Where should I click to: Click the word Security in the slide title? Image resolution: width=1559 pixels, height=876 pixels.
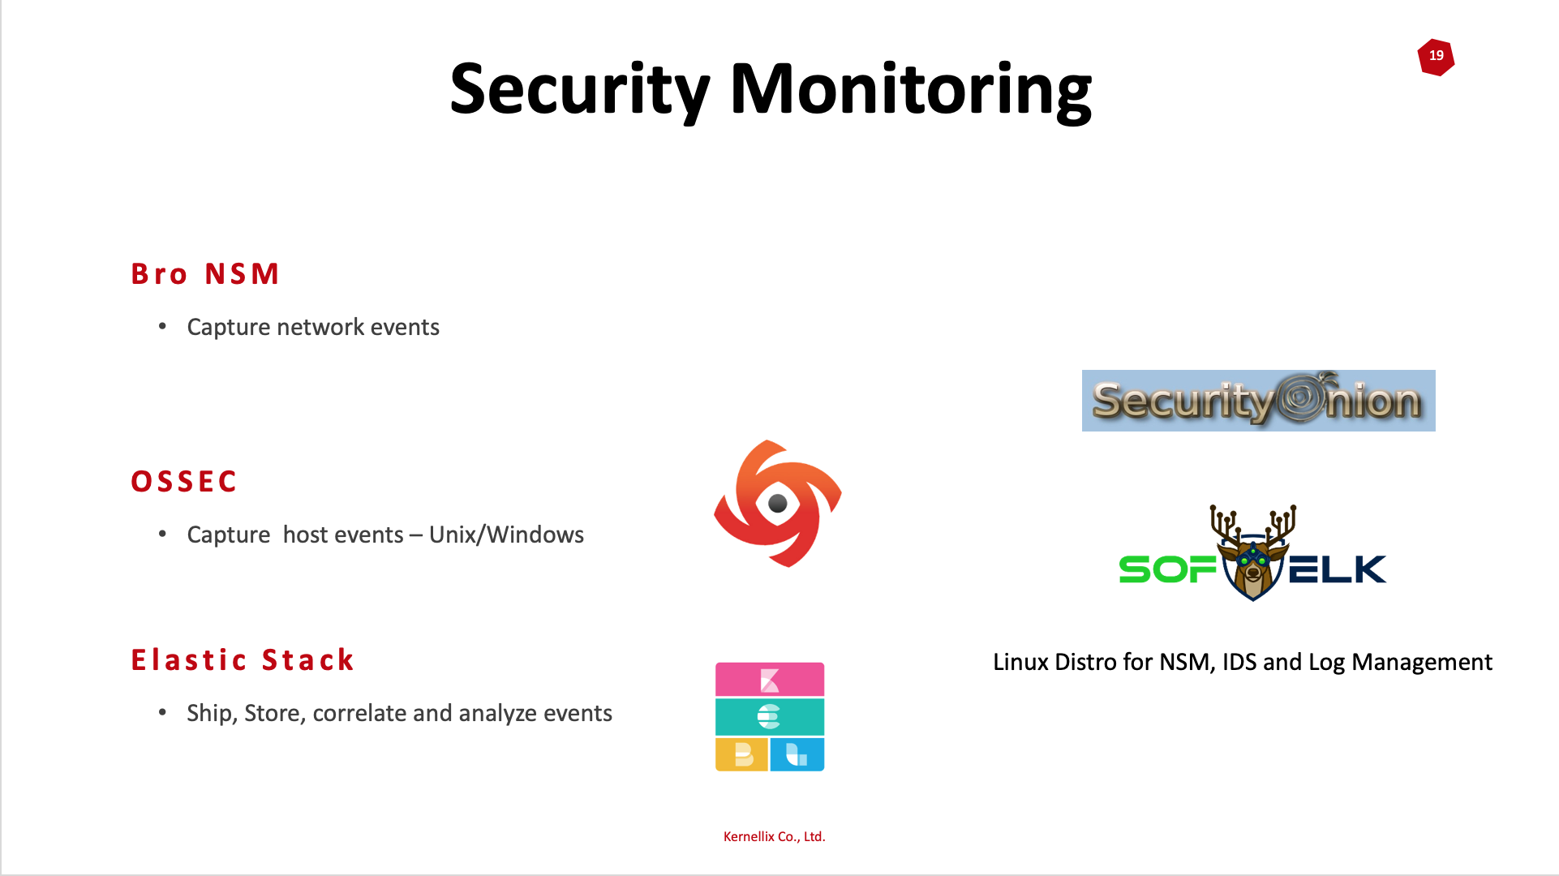(x=580, y=90)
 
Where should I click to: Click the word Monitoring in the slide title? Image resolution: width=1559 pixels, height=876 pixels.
(x=911, y=90)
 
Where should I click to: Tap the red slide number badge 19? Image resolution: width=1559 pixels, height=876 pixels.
(x=1436, y=57)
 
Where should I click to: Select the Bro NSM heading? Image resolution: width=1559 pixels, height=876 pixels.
(x=205, y=274)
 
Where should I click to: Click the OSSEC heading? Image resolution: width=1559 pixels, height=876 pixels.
(x=184, y=482)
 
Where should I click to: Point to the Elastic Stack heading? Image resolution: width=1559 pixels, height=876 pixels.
(x=243, y=660)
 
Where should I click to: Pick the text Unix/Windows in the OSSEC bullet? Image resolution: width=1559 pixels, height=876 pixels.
(x=506, y=535)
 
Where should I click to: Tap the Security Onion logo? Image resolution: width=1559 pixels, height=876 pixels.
(x=1258, y=401)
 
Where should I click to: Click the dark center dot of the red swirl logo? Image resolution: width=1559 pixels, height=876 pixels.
(x=777, y=504)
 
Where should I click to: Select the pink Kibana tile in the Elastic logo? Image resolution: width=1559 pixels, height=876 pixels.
(x=770, y=680)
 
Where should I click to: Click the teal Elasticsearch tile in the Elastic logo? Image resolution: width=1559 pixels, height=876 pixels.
(x=770, y=717)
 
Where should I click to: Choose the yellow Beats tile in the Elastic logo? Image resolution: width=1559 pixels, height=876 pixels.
(x=741, y=754)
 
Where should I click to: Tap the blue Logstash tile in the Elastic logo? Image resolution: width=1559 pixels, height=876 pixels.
(x=797, y=754)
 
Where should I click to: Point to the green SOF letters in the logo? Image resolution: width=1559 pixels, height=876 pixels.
(x=1168, y=569)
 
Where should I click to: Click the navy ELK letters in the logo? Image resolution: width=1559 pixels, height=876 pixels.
(x=1338, y=569)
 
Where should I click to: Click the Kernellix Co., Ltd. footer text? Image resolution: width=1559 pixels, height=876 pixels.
(x=774, y=836)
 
